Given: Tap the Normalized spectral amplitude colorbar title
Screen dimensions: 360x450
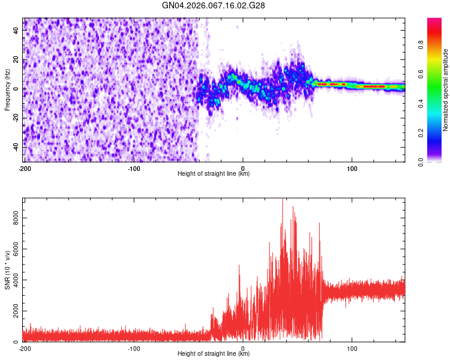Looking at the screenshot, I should coord(446,90).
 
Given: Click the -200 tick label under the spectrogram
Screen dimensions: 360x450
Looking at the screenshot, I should coord(25,168).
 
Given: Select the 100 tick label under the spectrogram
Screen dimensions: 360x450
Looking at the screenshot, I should coord(352,168).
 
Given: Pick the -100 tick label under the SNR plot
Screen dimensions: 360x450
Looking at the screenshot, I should coord(134,348).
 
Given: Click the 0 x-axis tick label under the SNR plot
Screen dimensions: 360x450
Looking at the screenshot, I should coord(243,348).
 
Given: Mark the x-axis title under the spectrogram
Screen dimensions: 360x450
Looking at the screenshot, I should coord(214,174).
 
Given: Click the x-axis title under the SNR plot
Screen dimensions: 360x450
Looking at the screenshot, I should coord(214,354).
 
